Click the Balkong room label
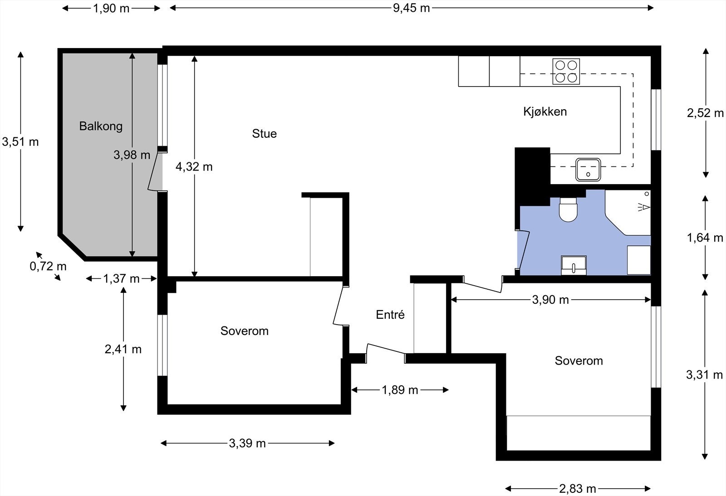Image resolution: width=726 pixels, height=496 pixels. pos(101,126)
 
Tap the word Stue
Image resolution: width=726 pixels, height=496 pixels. pos(265,133)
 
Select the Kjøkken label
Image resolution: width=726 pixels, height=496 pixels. pos(545,112)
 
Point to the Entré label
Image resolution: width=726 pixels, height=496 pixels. pos(390,314)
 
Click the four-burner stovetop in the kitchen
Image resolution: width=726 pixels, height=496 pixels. pos(566,72)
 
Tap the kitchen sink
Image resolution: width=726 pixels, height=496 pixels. pos(588,169)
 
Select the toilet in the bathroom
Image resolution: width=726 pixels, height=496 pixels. pos(569,209)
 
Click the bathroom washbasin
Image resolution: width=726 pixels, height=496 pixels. pos(574,266)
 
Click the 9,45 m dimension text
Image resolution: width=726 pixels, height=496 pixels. pos(411,8)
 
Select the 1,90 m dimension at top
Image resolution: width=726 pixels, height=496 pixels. pos(111,9)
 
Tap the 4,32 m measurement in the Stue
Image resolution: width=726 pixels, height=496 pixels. pos(194,167)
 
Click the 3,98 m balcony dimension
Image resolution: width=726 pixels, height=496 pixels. pos(132,155)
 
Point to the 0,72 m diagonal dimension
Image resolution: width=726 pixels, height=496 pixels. pos(48,266)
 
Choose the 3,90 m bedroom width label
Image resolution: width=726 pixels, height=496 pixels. pos(550,300)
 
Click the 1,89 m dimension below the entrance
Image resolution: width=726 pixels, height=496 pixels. pos(400,390)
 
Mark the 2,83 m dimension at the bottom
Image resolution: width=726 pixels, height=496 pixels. pos(578,489)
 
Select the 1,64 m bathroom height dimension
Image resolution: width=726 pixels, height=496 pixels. pos(705,238)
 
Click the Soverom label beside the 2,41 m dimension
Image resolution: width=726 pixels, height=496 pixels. pos(245,331)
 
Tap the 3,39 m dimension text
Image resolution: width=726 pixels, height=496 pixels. pos(247,443)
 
